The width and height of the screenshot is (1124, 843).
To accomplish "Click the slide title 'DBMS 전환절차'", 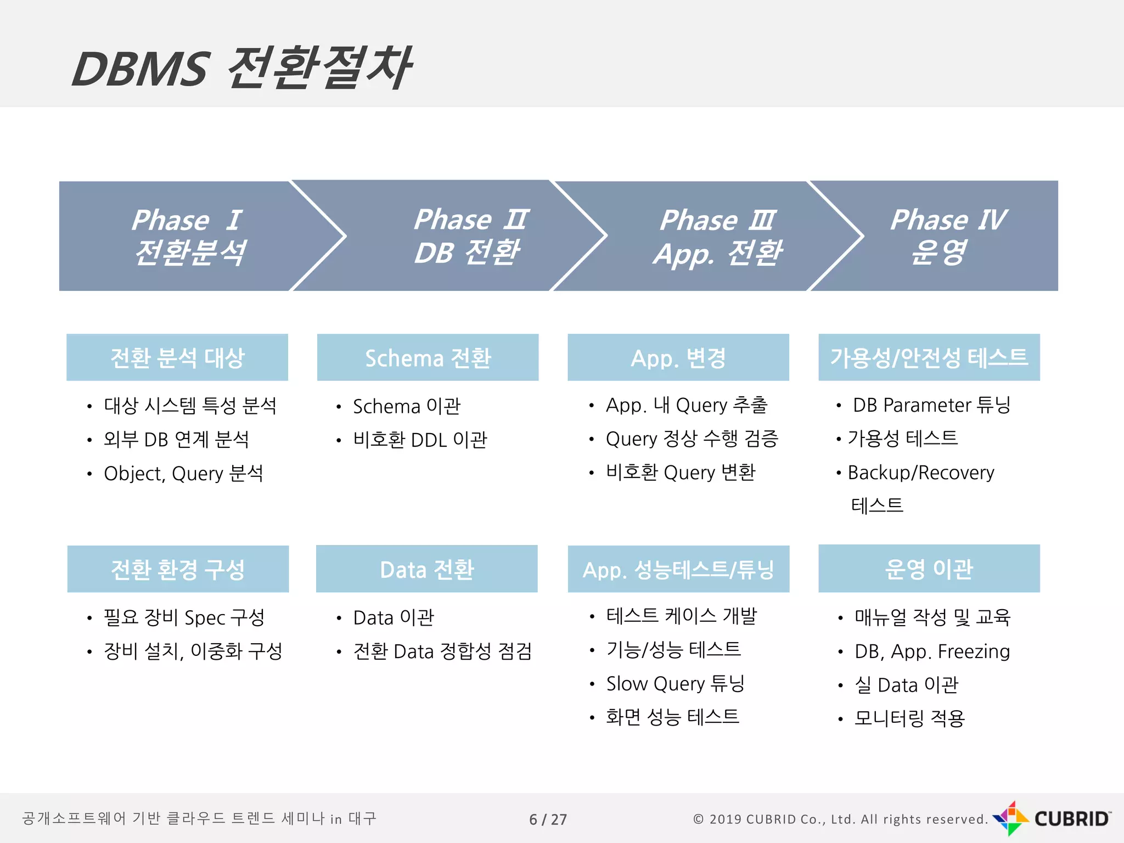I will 241,68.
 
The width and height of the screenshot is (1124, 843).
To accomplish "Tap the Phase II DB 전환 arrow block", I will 469,236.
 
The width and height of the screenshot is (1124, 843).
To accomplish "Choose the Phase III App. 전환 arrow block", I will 716,236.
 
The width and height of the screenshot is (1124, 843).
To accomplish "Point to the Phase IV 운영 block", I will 947,236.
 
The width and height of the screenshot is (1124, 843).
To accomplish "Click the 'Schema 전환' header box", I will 428,357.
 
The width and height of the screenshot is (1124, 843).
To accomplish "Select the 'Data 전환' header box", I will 426,569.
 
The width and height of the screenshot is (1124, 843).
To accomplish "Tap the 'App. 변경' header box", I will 678,357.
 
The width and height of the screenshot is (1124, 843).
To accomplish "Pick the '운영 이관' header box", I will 929,569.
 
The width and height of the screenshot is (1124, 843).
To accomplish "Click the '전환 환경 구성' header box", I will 178,569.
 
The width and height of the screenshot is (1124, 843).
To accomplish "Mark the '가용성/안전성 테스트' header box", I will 929,357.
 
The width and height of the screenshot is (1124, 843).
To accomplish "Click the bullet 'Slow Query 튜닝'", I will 675,684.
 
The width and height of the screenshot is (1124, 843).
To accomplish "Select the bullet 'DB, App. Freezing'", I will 932,651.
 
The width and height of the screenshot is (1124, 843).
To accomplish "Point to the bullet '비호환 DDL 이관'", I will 420,440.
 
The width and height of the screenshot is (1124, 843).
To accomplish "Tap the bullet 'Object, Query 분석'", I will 183,473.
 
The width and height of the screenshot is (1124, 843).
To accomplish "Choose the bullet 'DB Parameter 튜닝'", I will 931,405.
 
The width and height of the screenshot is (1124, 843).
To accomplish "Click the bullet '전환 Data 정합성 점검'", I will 442,651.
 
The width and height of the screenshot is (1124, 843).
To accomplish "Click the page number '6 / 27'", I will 548,819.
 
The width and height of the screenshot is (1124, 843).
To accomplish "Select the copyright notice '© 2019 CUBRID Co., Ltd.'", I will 840,819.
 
